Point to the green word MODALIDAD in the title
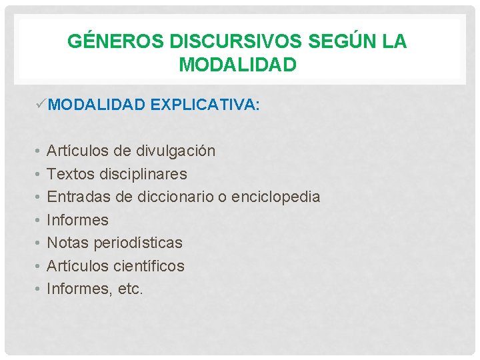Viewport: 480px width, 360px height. (x=237, y=65)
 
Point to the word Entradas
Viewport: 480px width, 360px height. (x=77, y=197)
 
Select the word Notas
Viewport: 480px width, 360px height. (x=67, y=243)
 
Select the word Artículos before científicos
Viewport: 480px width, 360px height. (x=74, y=266)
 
